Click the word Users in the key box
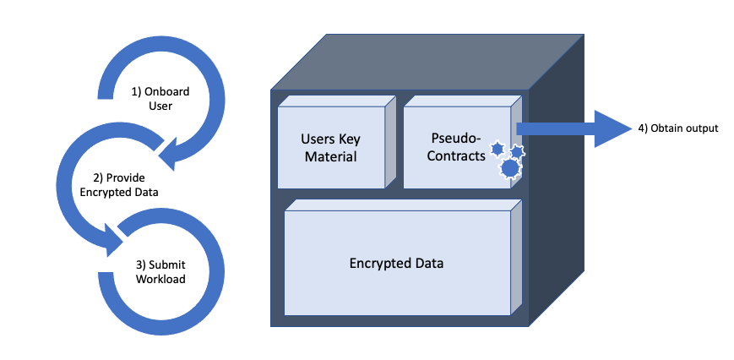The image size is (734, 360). [x=318, y=139]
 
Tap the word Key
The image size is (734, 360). [x=349, y=139]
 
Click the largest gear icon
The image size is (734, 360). [x=510, y=168]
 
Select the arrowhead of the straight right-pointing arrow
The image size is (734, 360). [x=612, y=128]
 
